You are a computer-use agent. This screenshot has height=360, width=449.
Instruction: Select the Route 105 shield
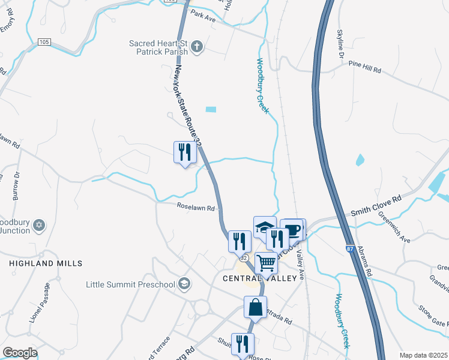(x=43, y=42)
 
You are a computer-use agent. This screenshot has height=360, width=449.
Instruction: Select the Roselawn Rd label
(x=196, y=209)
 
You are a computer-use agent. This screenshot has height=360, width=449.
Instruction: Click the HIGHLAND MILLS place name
(x=46, y=263)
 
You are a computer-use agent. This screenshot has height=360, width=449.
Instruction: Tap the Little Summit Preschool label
(x=130, y=284)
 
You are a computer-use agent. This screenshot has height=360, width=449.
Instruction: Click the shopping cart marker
(x=266, y=262)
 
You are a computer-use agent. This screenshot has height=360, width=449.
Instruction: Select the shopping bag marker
(x=255, y=307)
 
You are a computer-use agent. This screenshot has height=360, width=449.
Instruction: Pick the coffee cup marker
(x=293, y=229)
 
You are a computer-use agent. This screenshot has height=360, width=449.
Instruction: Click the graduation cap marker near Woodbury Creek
(x=264, y=227)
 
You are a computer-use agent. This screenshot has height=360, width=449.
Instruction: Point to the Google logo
(x=20, y=353)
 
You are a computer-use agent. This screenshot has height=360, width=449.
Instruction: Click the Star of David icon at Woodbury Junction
(x=40, y=225)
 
